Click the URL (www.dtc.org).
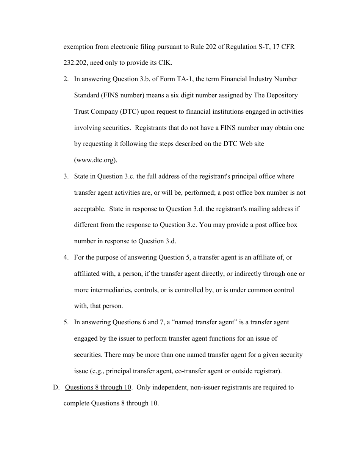[95, 160]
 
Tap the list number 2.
[66, 79]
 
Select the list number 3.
[66, 176]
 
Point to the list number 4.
[66, 257]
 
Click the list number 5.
[66, 322]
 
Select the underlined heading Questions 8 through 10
[98, 387]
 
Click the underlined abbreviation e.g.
[98, 371]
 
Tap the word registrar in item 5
[267, 371]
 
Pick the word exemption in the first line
[78, 47]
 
